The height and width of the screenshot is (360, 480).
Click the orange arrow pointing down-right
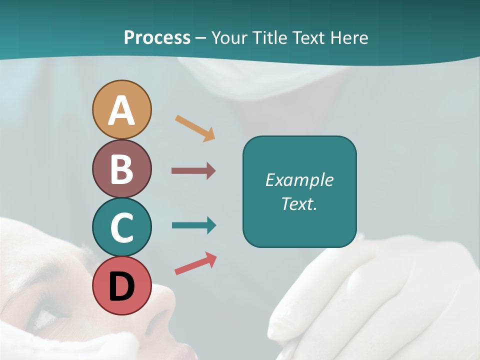click(x=195, y=128)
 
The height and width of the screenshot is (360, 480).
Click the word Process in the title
click(x=157, y=37)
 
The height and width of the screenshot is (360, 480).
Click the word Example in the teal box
click(x=299, y=180)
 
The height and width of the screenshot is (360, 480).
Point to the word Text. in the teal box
click(x=299, y=203)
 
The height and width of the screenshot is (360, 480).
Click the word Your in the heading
click(x=229, y=37)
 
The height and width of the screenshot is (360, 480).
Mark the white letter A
click(x=121, y=111)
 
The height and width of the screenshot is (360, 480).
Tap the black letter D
click(x=121, y=287)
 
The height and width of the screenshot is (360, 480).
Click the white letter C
click(x=121, y=228)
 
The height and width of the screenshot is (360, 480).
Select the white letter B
click(x=121, y=169)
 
